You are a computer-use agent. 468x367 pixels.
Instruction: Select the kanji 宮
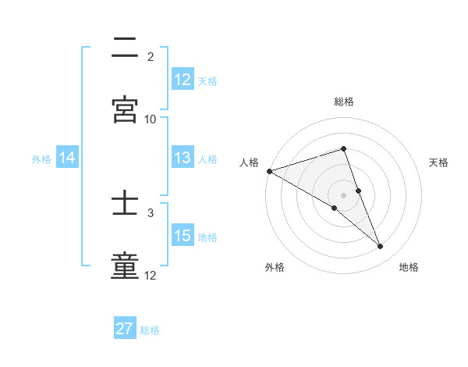(x=126, y=109)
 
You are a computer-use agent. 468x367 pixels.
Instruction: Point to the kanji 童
(x=126, y=266)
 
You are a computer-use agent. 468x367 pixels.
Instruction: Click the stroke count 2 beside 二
(x=151, y=57)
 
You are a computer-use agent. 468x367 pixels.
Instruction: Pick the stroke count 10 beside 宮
(x=151, y=119)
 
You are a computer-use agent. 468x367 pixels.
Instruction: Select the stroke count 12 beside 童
(x=151, y=276)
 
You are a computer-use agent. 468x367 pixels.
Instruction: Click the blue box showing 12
(x=183, y=79)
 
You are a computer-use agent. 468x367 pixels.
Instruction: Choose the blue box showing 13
(x=183, y=158)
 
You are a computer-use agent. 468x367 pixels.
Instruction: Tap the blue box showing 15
(x=183, y=236)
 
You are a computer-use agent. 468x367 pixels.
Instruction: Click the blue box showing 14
(x=67, y=158)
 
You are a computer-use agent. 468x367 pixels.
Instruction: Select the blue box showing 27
(x=125, y=329)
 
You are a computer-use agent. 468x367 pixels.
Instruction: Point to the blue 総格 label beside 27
(x=150, y=330)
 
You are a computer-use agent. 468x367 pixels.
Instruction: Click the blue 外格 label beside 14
(x=41, y=159)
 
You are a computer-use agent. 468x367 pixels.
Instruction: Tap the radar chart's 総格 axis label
(x=344, y=102)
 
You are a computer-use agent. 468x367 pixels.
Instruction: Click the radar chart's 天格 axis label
(x=438, y=162)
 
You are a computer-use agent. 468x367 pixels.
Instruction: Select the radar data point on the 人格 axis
(x=269, y=170)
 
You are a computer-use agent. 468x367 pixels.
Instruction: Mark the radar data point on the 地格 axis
(x=381, y=246)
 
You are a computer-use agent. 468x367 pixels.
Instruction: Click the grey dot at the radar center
(x=344, y=194)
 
